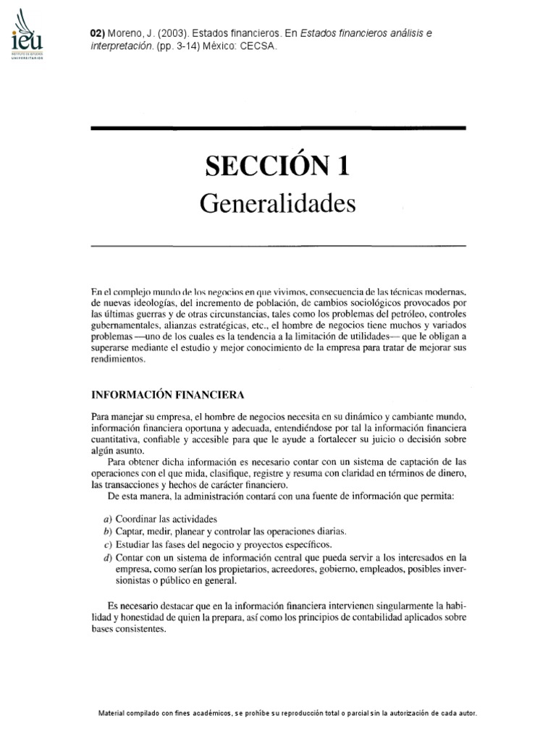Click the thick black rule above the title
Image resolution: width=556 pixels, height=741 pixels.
pos(278,128)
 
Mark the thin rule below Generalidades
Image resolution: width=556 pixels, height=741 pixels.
pos(278,246)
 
